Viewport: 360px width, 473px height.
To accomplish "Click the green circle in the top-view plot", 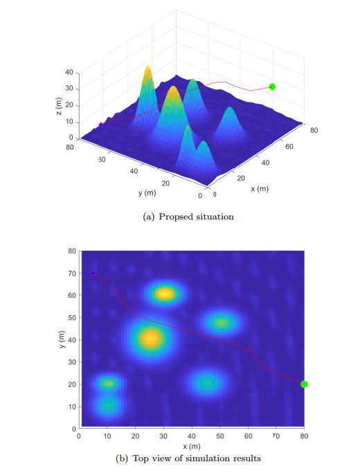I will tap(304, 384).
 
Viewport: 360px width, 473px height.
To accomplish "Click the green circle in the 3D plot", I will tap(272, 87).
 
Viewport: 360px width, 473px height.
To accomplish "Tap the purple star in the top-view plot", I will tap(93, 273).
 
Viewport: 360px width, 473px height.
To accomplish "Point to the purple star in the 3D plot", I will tap(101, 125).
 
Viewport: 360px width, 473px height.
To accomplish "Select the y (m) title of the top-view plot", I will tap(62, 339).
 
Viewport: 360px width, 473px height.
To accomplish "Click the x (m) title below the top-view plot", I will tap(192, 446).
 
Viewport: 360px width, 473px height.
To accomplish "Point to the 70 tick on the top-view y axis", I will tap(71, 273).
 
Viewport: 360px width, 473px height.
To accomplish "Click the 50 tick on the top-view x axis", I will tap(219, 436).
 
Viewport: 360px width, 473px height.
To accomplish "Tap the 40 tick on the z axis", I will tap(69, 72).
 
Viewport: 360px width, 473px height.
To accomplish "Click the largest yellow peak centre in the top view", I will tap(150, 339).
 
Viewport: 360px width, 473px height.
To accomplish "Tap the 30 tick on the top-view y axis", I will tap(71, 362).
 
